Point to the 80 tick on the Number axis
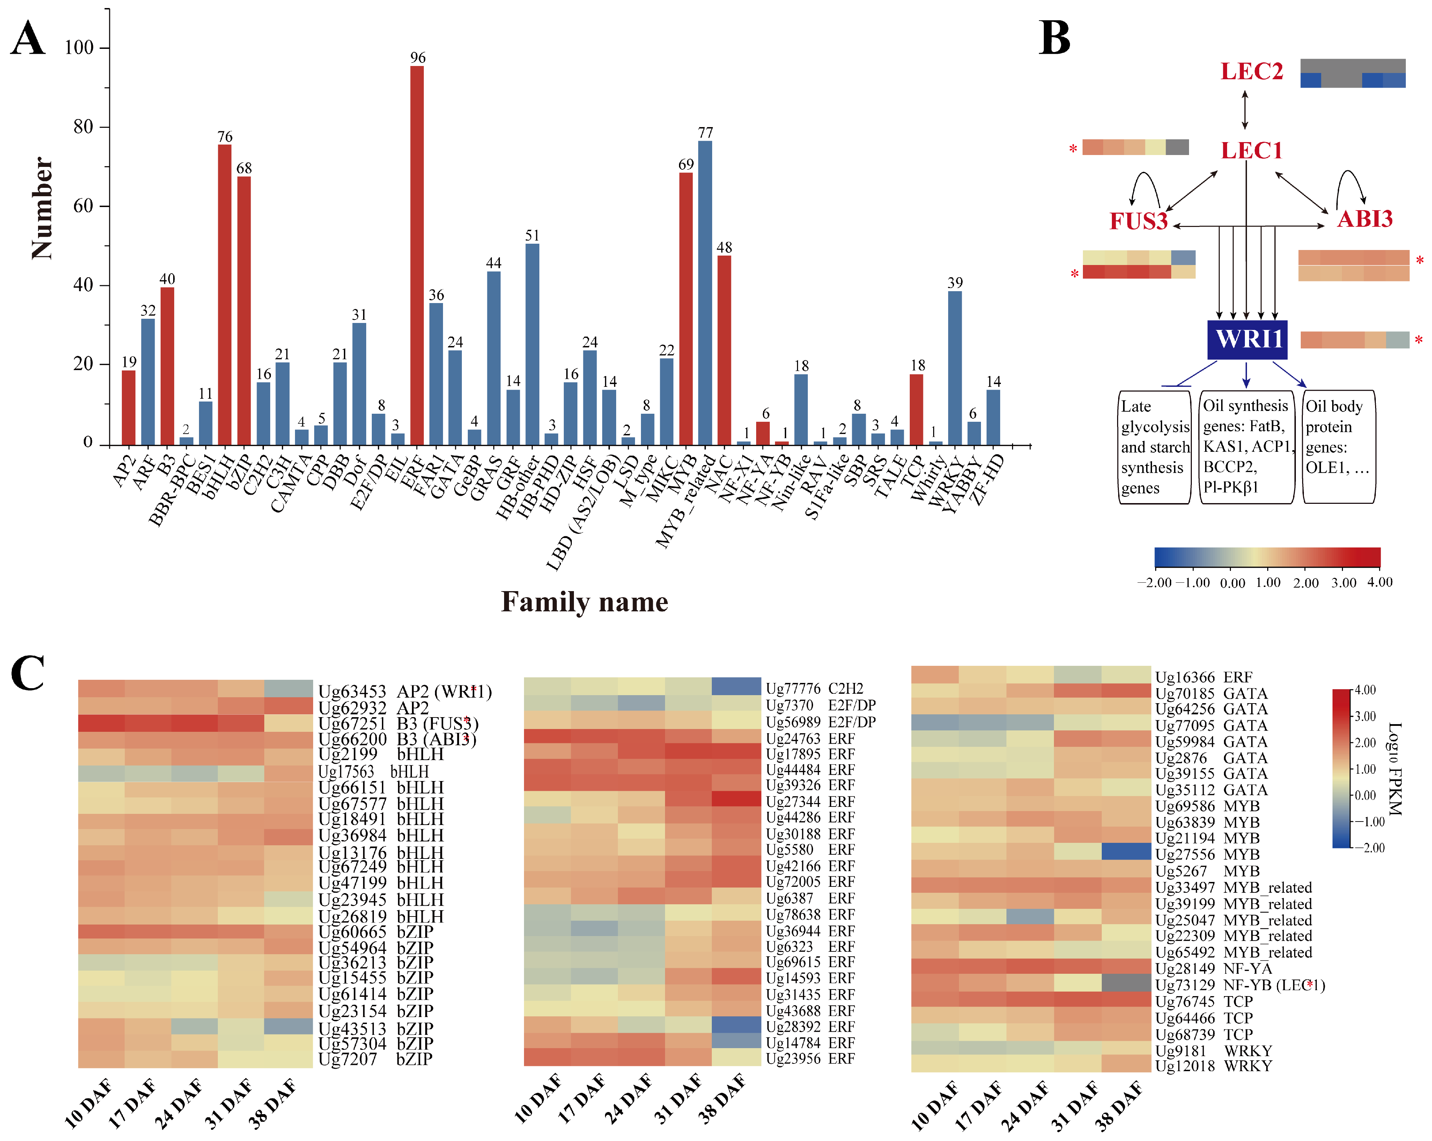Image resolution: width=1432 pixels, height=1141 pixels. point(83,127)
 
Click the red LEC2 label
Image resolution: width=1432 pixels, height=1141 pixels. point(1251,72)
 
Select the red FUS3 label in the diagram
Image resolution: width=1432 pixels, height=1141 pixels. point(1138,221)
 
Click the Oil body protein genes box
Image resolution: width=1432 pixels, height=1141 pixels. point(1338,446)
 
